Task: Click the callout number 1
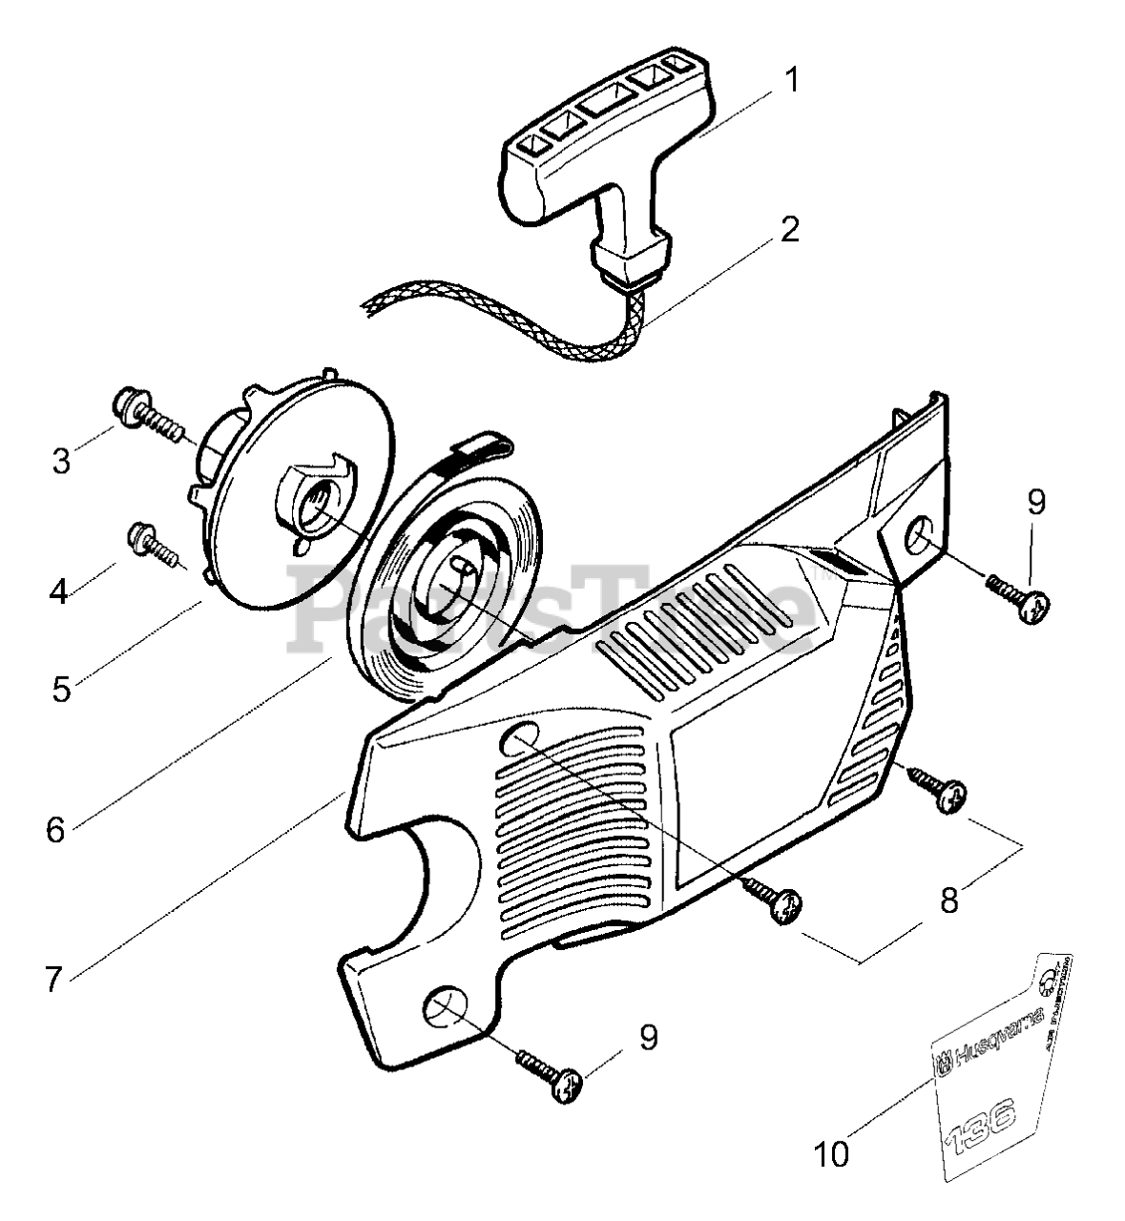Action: pos(791,78)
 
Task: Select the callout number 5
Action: pos(61,688)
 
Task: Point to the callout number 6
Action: pos(55,829)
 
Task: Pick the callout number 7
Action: pos(55,977)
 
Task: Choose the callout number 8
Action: pos(948,900)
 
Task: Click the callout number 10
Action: pos(832,1155)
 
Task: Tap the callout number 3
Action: pos(61,461)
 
